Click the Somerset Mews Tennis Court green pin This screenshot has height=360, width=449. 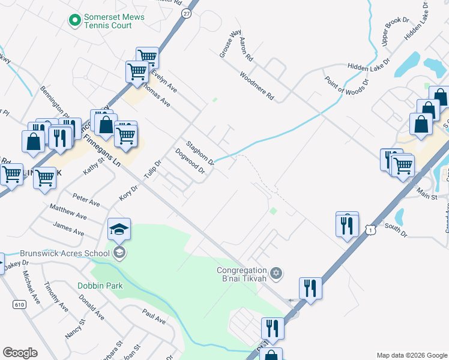coord(75,21)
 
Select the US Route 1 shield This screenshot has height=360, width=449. coord(372,230)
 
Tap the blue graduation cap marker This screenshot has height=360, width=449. coord(119,229)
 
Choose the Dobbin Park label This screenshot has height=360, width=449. coord(100,286)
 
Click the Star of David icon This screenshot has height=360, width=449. coord(276,274)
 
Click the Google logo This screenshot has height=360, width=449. coord(20,352)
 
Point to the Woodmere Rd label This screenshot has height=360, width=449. coord(256,86)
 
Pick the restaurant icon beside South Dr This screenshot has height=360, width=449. coord(347,225)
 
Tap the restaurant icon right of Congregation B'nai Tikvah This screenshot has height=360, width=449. coord(310,289)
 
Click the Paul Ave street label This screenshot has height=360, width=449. coord(154,316)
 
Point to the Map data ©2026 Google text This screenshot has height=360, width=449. coord(411,355)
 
